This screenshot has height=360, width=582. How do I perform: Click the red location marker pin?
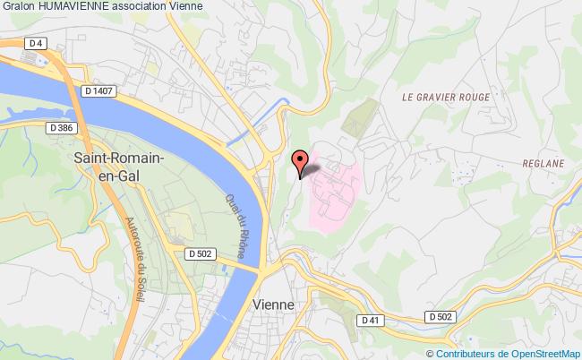click(x=301, y=161)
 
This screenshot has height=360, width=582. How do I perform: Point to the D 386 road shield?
click(x=61, y=129)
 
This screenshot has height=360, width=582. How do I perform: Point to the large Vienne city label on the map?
click(x=274, y=304)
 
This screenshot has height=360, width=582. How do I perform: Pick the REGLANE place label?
click(x=543, y=164)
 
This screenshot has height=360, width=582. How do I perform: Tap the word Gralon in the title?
click(x=19, y=6)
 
